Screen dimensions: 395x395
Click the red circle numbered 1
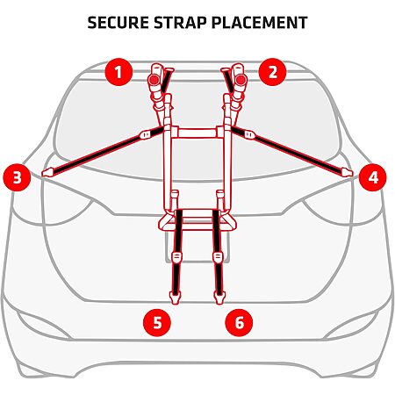(118, 72)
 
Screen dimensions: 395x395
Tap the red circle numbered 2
(272, 72)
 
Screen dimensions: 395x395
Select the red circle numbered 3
(17, 177)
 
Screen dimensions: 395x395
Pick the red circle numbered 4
(373, 177)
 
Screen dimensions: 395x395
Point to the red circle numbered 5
(157, 322)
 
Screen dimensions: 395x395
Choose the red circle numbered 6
(239, 322)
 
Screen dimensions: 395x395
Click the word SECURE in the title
(118, 23)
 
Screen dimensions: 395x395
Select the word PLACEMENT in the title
(259, 23)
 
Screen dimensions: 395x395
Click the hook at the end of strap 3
(47, 172)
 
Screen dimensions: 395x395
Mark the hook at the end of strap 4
(347, 172)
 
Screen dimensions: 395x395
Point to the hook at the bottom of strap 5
(175, 298)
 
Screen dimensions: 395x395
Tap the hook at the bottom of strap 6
(219, 298)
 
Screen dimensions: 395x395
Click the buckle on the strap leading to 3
(146, 134)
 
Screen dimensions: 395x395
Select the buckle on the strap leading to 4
(249, 134)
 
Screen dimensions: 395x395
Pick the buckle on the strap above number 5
(176, 257)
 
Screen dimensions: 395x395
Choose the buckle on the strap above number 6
(218, 257)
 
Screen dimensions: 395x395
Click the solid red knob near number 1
(154, 79)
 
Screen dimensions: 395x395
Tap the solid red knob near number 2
(241, 79)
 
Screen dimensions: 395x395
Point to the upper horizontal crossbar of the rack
(197, 133)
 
